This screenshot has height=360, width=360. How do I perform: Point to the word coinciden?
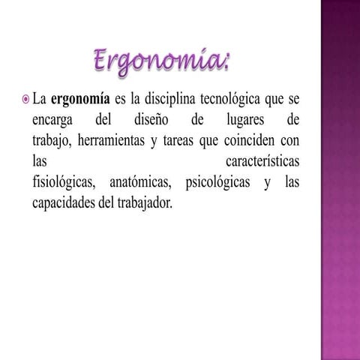pos(237,140)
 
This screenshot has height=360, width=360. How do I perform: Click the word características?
pos(262,161)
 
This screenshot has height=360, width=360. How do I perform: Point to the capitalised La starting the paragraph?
pos(40,100)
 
